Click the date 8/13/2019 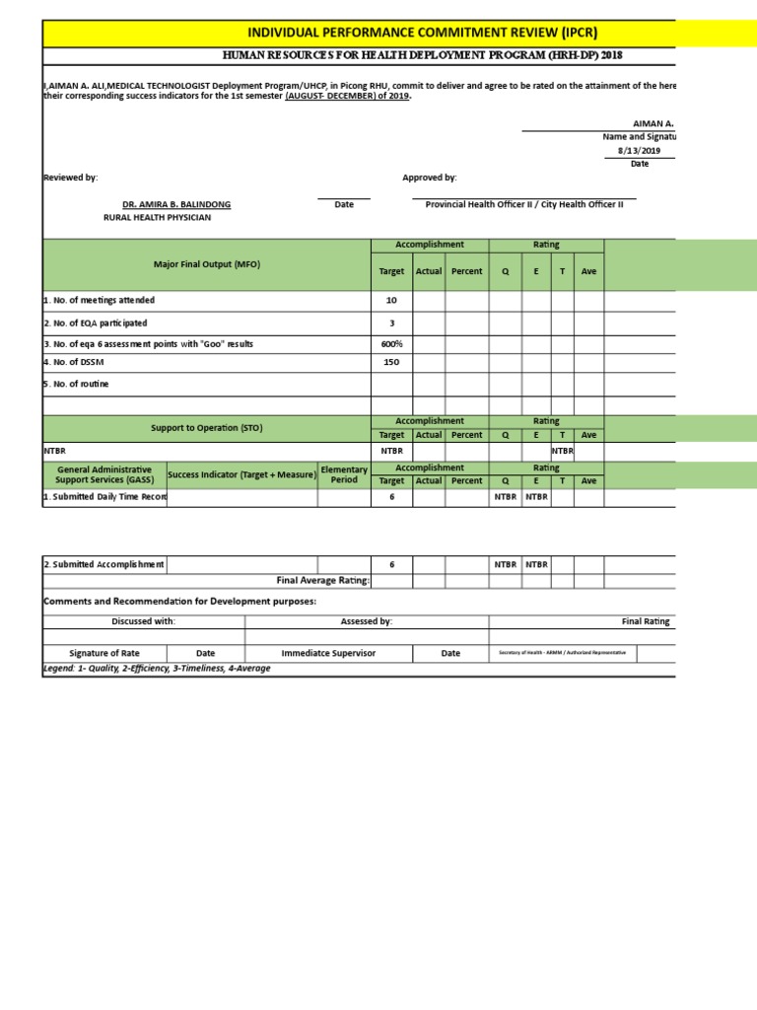636,150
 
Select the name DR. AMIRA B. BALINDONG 170,204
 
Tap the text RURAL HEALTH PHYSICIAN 157,217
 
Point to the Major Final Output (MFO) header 207,264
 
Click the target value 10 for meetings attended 391,300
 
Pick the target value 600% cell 391,344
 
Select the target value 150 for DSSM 391,362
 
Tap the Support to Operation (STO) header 207,428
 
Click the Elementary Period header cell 344,474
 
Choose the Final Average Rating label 322,581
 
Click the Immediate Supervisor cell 328,653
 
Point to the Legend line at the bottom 157,668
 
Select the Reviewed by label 70,178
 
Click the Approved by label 429,178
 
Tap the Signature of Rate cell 103,653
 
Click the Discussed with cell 143,621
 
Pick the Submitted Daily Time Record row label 104,497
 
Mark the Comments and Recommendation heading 178,601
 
